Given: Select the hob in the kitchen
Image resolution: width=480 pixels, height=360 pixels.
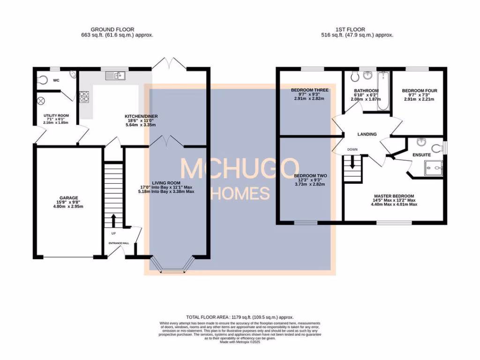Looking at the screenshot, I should click(x=85, y=97).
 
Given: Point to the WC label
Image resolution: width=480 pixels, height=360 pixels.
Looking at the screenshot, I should click(x=56, y=81).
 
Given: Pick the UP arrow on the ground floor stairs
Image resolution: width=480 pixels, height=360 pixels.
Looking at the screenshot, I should click(x=113, y=221).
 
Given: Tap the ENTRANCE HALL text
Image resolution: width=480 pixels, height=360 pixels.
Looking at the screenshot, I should click(x=115, y=243).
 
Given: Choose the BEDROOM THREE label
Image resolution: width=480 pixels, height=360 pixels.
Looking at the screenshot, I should click(x=309, y=90).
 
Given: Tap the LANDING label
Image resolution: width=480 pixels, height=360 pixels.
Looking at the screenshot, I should click(x=367, y=135).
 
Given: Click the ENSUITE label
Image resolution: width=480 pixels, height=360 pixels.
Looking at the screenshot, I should click(x=422, y=154).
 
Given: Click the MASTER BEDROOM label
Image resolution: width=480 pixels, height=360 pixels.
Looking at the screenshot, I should click(x=394, y=196).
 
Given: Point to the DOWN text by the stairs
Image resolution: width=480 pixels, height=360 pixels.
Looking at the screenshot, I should click(x=352, y=150).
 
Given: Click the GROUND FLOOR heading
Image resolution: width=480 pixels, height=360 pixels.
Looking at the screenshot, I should click(x=109, y=29).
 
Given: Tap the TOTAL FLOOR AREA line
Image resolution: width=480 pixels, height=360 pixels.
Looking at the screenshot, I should click(x=240, y=317).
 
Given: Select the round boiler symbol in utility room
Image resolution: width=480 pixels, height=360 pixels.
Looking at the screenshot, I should click(x=41, y=100).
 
